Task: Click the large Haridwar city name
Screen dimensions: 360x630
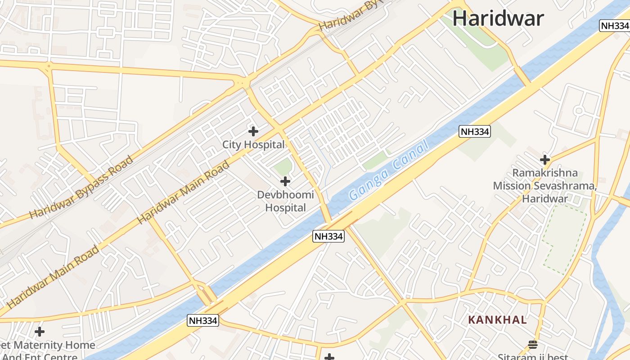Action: (498, 18)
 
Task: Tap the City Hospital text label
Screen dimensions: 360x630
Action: (253, 144)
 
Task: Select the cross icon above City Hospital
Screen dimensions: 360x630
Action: (253, 131)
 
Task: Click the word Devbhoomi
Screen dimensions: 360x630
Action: (285, 195)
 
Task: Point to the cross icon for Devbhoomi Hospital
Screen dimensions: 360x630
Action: (285, 181)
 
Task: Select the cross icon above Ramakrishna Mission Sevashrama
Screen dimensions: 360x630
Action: (545, 159)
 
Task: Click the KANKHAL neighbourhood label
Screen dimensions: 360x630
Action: (497, 320)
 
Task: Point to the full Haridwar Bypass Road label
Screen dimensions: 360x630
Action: (81, 187)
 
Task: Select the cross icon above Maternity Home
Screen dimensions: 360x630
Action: (40, 332)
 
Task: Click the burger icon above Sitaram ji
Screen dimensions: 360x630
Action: (533, 345)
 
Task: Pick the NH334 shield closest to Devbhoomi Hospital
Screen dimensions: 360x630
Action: (328, 236)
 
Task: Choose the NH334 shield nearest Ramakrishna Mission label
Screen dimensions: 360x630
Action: (474, 131)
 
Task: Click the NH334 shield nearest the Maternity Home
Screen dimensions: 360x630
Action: (202, 320)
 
